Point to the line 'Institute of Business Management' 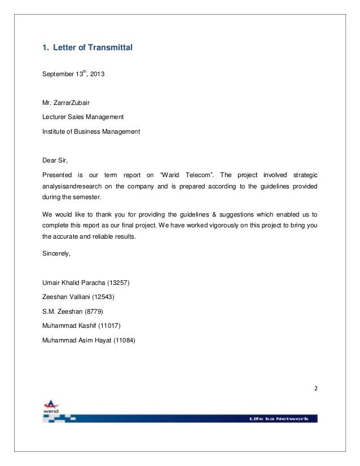pyautogui.click(x=91, y=131)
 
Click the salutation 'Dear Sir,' pyautogui.click(x=55, y=160)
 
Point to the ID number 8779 pyautogui.click(x=93, y=311)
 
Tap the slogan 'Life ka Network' pyautogui.click(x=280, y=419)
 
